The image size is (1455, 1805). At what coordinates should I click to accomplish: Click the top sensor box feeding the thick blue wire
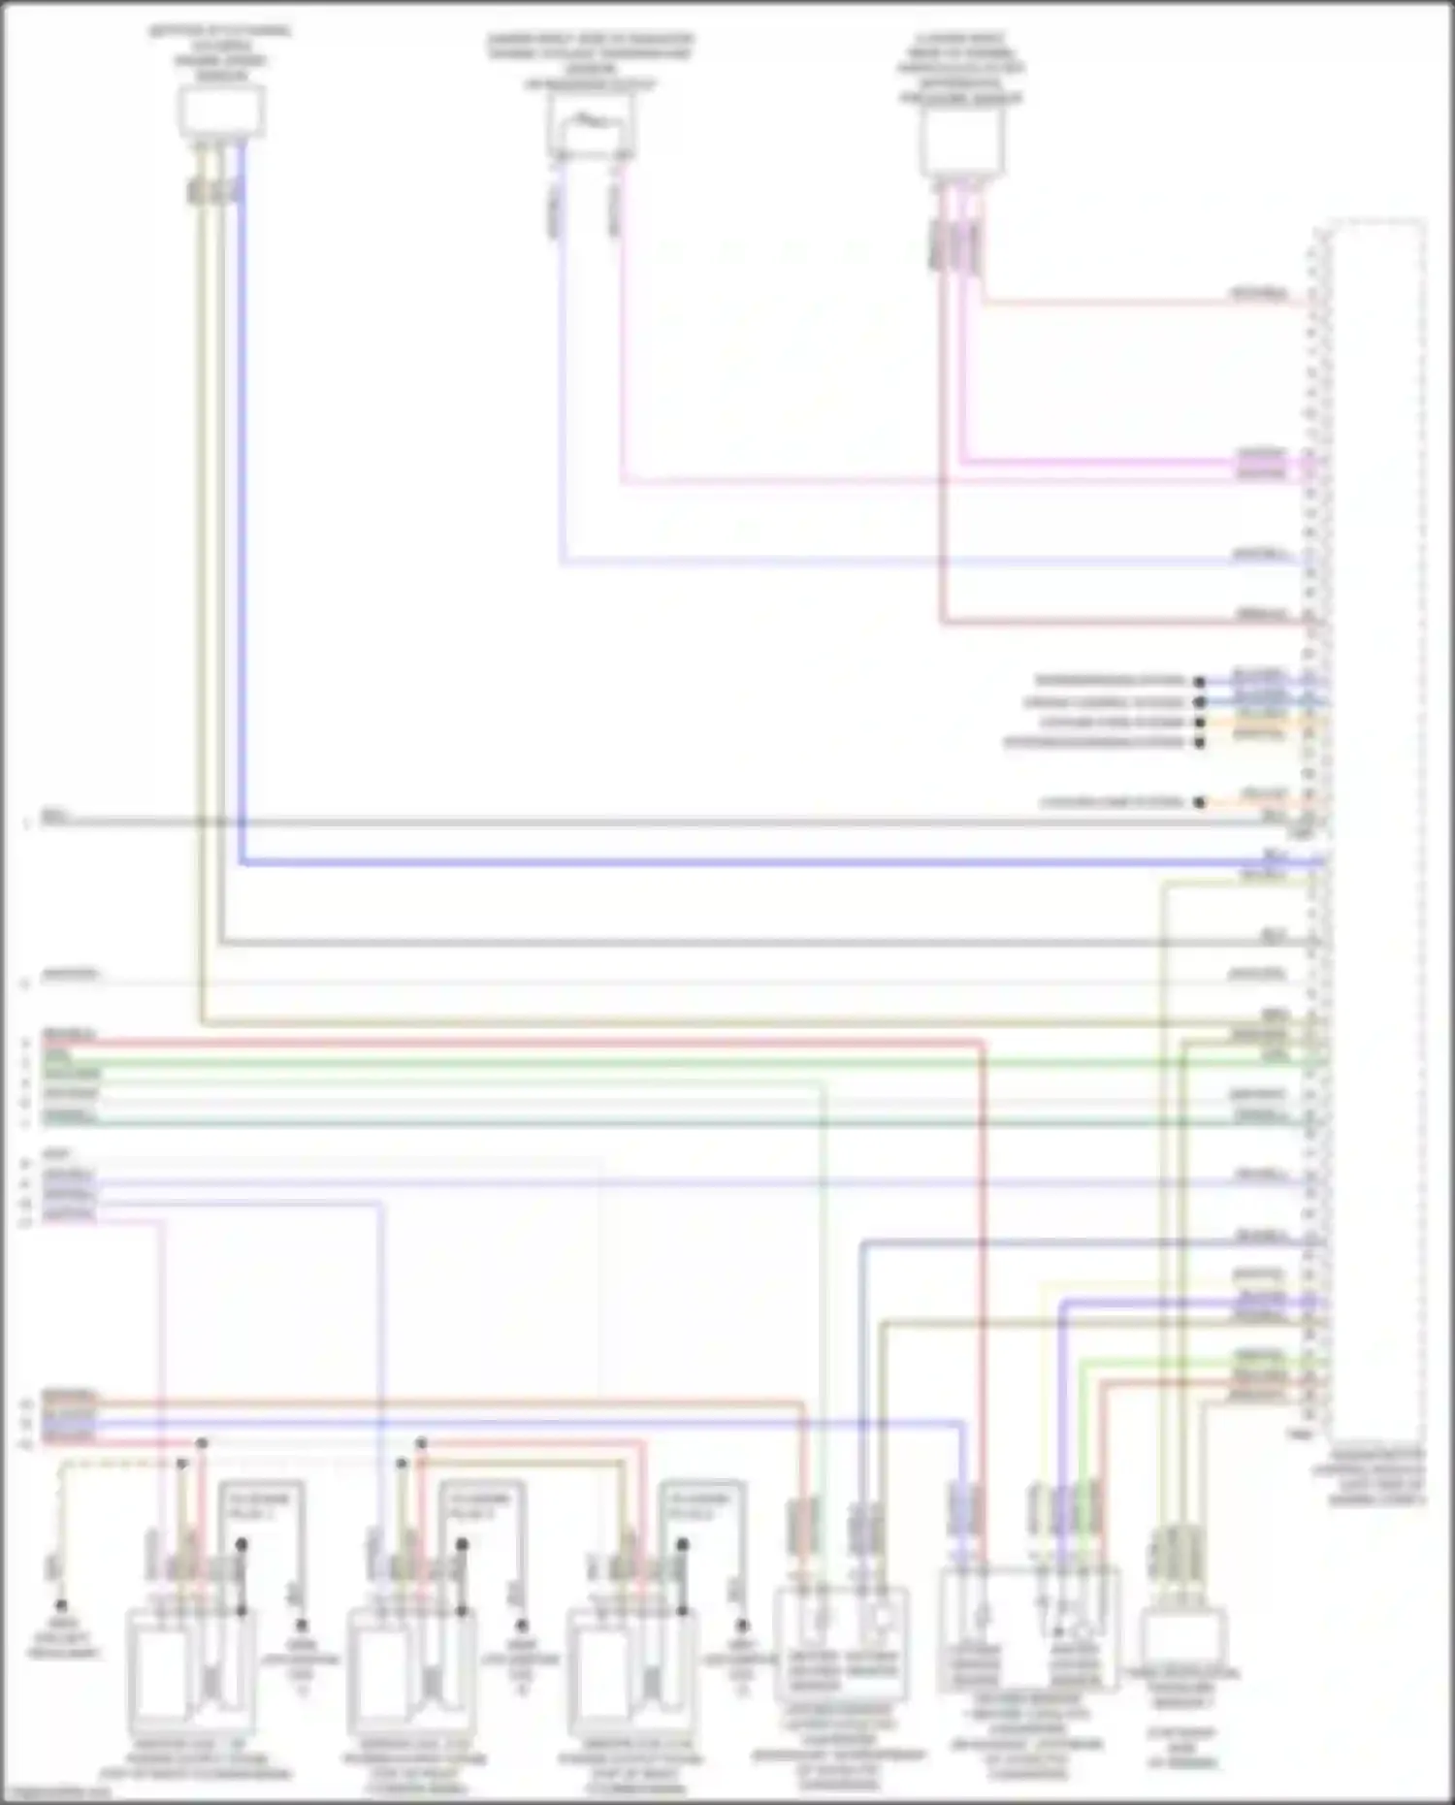[x=221, y=111]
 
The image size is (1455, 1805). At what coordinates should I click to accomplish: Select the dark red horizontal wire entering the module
[x=1115, y=621]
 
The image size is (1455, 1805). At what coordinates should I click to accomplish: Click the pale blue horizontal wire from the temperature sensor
[x=921, y=561]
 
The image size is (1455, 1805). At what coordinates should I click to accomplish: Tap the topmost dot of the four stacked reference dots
[x=1199, y=682]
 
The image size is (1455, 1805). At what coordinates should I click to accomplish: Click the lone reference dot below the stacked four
[x=1199, y=802]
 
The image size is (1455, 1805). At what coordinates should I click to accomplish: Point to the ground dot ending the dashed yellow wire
[x=60, y=1605]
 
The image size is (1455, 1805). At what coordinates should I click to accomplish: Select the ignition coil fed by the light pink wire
[x=189, y=1668]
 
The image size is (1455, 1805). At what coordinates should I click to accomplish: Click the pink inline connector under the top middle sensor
[x=614, y=209]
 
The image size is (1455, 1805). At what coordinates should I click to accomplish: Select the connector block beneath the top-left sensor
[x=213, y=190]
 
